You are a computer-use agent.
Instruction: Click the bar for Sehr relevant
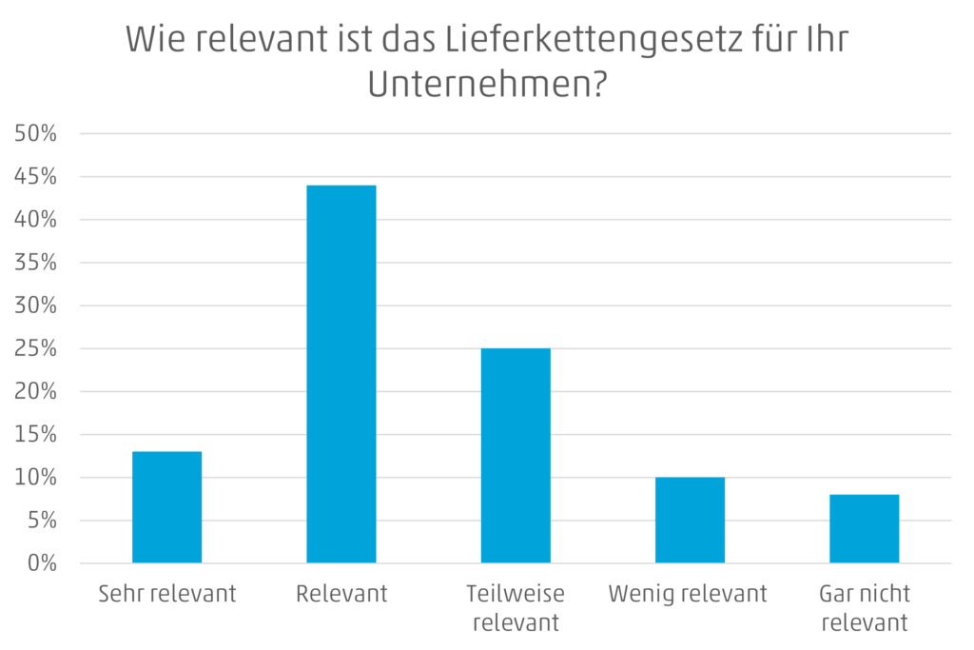coord(166,507)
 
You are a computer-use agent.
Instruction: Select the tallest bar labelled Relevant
coord(341,373)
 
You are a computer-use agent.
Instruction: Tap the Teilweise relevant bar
coord(516,456)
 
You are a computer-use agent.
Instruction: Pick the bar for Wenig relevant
coord(690,520)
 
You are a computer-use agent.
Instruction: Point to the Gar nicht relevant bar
coord(865,528)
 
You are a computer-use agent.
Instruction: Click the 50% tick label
coord(37,134)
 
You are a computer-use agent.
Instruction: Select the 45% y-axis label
coord(37,177)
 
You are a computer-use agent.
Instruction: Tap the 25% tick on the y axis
coord(37,349)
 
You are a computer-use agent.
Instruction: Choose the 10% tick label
coord(37,478)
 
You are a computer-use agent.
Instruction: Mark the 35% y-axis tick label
coord(37,264)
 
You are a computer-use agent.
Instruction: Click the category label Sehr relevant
coord(167,595)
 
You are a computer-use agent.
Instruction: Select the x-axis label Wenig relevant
coord(688,595)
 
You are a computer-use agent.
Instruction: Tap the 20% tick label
coord(37,392)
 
